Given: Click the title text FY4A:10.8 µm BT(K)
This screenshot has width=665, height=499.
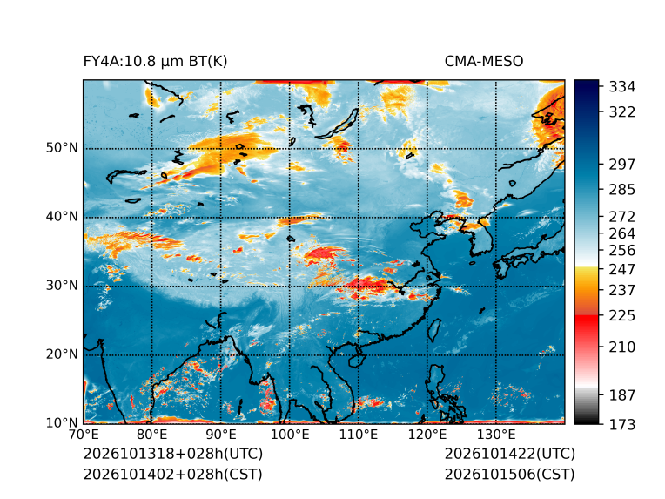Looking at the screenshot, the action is [x=155, y=62].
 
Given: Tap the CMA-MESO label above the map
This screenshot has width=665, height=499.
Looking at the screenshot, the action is [x=484, y=62].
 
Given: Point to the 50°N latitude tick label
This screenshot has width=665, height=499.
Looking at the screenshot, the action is [x=62, y=148].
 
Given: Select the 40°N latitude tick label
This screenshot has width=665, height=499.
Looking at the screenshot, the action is [x=62, y=216].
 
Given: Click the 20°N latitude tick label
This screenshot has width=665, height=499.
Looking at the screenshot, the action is [x=62, y=354].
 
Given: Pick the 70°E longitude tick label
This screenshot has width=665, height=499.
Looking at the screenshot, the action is [x=84, y=435].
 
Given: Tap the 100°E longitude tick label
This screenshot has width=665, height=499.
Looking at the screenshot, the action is [x=290, y=435].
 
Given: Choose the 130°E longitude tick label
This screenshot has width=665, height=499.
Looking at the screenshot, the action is [x=496, y=435].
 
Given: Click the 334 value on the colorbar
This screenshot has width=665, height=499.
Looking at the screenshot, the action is [x=622, y=87].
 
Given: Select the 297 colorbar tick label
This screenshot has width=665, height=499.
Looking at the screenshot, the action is [x=622, y=165].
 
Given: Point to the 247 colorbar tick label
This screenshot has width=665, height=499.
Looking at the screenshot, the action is [x=622, y=269].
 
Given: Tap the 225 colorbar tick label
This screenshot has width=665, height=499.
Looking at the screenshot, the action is [x=622, y=316].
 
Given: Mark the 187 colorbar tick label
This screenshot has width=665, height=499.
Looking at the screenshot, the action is [x=622, y=395].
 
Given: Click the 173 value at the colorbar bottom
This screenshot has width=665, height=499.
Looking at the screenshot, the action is [x=622, y=424].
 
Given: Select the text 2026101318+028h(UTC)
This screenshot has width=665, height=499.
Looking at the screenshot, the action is [x=173, y=454].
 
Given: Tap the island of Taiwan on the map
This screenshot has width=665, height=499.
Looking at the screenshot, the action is [x=433, y=330].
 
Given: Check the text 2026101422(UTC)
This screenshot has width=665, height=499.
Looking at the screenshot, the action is [x=510, y=454].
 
